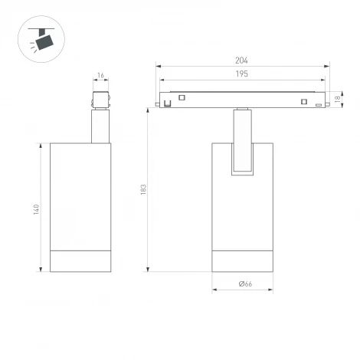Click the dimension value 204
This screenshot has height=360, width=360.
point(241,61)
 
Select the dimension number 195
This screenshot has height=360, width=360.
point(241,74)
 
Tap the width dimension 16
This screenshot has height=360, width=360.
point(100,76)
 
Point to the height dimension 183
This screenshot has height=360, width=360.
point(143,189)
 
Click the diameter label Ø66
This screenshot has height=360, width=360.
point(245,284)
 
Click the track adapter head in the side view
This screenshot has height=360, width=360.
point(100,101)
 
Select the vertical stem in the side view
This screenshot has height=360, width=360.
point(100,126)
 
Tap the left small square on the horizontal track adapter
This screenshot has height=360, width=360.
point(182,97)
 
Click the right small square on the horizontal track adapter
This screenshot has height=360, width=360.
point(303,103)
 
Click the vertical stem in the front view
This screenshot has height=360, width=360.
point(242,142)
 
